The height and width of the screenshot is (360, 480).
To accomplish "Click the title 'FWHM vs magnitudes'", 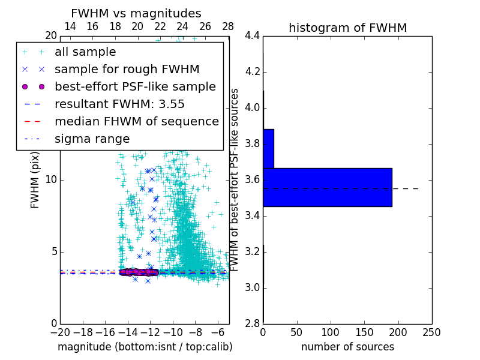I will [x=136, y=13].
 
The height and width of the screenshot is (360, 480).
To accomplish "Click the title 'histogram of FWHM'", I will [x=347, y=28].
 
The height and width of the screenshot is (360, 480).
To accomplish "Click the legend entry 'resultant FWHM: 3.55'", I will [x=119, y=104].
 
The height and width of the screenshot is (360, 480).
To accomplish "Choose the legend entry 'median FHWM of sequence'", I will [x=136, y=121].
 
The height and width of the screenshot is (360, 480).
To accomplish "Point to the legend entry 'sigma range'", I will [x=92, y=139].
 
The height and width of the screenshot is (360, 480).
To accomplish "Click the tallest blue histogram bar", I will [x=327, y=187].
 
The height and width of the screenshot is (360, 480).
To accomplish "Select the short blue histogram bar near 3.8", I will [x=268, y=148].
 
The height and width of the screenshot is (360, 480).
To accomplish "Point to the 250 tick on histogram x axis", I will [x=431, y=332].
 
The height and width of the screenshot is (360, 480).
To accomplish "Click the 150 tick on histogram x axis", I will [x=364, y=332].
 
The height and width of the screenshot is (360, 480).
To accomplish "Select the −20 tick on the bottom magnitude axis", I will [x=60, y=332].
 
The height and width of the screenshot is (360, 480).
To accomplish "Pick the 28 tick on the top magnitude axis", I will [x=228, y=26].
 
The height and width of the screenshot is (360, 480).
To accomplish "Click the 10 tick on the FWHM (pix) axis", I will [x=51, y=180].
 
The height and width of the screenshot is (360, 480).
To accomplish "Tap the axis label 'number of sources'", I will [x=347, y=347].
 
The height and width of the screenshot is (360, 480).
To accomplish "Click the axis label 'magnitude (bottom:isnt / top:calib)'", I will [x=145, y=347].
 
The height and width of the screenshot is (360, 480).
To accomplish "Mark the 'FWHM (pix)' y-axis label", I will [x=35, y=180].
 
